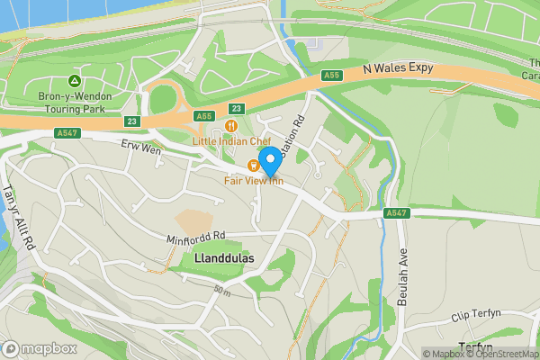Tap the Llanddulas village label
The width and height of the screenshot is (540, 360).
pos(224,258)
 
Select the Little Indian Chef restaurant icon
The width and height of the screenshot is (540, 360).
pos(232,126)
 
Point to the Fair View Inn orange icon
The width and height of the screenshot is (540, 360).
pos(254,165)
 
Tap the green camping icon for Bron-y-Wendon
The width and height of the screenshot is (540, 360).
pos(76,69)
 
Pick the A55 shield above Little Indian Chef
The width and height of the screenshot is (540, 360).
pos(204,116)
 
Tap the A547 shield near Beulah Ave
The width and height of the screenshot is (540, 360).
pos(393,213)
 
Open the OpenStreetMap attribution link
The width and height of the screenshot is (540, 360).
pos(500,354)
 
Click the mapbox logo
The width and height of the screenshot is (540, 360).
pos(38,348)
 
